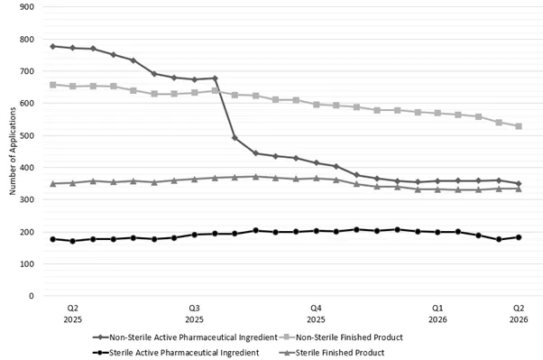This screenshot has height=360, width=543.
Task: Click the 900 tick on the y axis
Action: [27, 7]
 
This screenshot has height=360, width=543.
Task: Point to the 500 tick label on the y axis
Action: [27, 135]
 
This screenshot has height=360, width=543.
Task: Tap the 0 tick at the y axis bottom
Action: [32, 296]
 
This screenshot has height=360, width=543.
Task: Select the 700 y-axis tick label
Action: [27, 71]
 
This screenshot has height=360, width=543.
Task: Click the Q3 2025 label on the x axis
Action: [194, 313]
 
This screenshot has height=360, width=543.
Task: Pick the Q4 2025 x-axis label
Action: [316, 313]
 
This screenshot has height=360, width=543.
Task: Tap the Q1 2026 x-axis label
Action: [437, 313]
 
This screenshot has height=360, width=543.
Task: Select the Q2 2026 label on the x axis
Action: [519, 313]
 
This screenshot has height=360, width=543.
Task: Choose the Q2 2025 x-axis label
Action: [72, 313]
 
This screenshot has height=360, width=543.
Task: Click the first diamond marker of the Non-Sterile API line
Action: [52, 46]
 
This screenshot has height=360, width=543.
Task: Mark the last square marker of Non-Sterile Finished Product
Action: [519, 126]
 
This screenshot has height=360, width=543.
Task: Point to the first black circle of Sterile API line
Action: [52, 239]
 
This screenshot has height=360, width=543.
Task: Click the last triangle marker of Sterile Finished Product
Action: [519, 189]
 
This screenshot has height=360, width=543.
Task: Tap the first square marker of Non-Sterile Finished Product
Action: [52, 85]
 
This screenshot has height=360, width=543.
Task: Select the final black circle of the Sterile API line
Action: [519, 237]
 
